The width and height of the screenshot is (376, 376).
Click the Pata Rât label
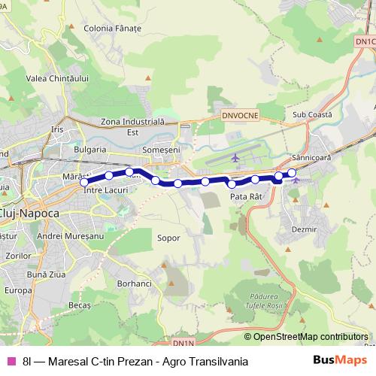click(x=246, y=196)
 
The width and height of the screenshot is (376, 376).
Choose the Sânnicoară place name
click(x=308, y=159)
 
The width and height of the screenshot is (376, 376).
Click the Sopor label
click(x=169, y=238)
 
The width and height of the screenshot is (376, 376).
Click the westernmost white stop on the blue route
click(x=84, y=182)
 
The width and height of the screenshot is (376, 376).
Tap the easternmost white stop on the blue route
click(x=292, y=174)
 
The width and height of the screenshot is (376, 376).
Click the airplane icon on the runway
click(x=236, y=158)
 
